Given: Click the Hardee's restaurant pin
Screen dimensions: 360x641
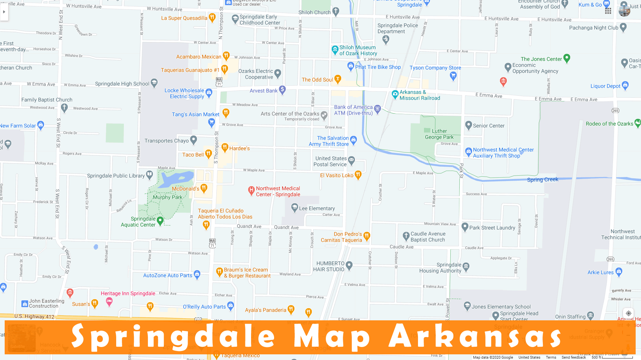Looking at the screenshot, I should (225, 147).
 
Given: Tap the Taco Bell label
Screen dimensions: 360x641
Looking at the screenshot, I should (193, 155).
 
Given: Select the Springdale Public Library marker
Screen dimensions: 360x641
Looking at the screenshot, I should (150, 174).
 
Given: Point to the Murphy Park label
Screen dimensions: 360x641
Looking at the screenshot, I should (168, 197).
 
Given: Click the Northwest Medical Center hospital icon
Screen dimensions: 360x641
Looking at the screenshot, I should (251, 190).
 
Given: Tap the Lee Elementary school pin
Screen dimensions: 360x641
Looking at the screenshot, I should (294, 208).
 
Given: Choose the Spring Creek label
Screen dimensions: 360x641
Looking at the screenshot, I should (543, 180).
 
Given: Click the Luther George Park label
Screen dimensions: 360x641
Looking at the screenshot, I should (439, 134).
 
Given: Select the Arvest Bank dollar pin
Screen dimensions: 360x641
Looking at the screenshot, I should (282, 89).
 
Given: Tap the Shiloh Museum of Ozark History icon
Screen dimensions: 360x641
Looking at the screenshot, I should (335, 50).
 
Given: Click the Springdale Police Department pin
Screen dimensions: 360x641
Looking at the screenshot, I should (386, 39).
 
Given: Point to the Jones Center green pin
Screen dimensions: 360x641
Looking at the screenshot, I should (567, 58).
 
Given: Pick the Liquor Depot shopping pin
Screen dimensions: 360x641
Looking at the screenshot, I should (625, 85).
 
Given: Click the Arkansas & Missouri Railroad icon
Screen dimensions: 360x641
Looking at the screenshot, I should (395, 94).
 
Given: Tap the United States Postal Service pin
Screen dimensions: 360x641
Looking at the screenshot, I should (351, 160).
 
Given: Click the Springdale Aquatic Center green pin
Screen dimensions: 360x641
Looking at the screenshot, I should (160, 220).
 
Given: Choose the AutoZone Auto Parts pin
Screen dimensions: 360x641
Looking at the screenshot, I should (197, 274).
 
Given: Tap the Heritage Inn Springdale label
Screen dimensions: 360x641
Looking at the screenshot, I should (128, 293).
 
